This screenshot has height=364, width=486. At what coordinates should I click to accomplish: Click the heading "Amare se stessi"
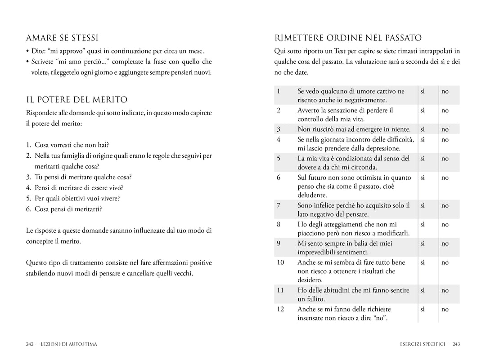tap(62, 38)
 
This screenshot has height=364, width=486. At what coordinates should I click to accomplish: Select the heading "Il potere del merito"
tap(76, 100)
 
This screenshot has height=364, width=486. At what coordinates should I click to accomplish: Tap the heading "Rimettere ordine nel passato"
tap(348, 38)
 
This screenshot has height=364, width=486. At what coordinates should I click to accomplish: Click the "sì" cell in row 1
tap(423, 91)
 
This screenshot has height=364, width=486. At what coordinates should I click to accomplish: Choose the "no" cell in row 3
tap(445, 129)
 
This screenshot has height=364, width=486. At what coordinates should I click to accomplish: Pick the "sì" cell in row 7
tap(423, 205)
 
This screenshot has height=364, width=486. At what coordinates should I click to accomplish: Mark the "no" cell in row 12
tap(445, 309)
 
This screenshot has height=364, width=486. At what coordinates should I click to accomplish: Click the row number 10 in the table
tap(280, 262)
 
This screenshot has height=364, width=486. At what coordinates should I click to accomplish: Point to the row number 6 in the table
tap(279, 178)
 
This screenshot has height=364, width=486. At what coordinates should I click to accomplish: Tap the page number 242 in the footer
tap(30, 344)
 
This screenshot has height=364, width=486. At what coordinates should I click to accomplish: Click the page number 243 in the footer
tap(456, 344)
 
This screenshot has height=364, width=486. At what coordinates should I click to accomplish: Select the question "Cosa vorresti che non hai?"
tap(72, 145)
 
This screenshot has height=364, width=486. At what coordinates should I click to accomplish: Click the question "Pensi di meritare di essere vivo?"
tap(79, 188)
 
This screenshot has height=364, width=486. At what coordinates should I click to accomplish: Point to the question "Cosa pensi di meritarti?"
tap(68, 209)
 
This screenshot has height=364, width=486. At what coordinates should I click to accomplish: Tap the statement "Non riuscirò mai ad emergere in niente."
tap(354, 129)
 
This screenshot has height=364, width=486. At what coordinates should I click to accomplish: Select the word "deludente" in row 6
tap(312, 195)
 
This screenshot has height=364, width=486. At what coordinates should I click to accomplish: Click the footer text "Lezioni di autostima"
tap(68, 344)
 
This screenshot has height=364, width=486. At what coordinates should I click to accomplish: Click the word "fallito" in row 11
tap(315, 299)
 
